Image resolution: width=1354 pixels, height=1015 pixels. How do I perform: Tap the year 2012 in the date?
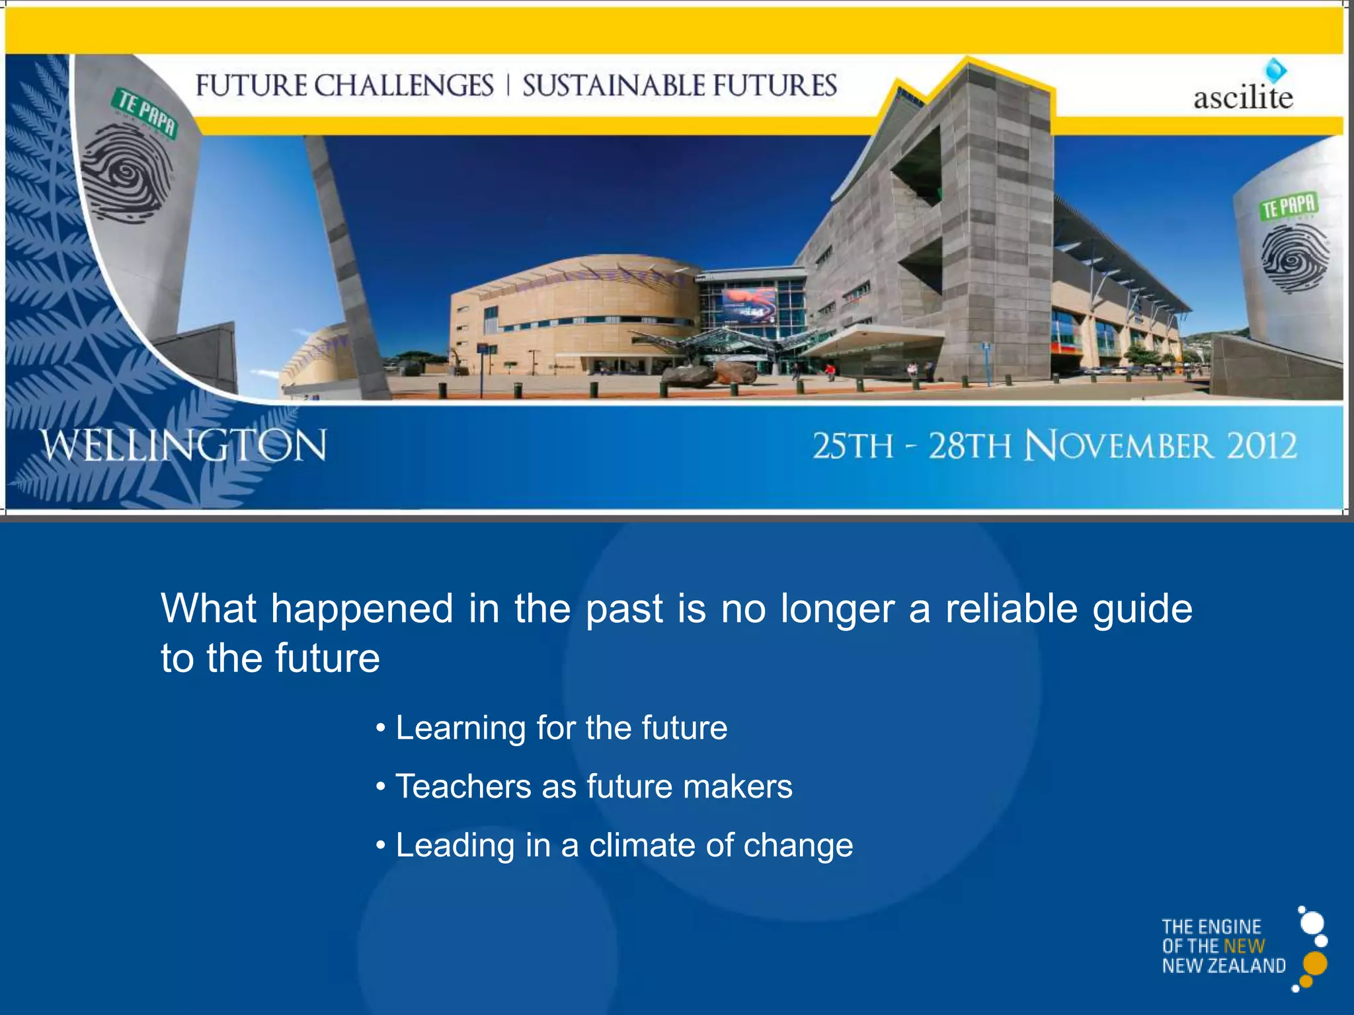(x=1261, y=446)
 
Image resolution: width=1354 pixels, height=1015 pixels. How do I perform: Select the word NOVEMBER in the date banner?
(x=1119, y=446)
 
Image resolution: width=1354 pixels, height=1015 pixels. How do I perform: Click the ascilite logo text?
(x=1243, y=98)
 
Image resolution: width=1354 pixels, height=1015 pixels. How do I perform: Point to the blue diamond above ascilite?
(x=1275, y=70)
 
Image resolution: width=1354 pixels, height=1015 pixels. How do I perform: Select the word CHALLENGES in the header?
(x=403, y=86)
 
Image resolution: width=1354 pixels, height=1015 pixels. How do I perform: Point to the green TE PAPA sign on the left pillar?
(x=146, y=112)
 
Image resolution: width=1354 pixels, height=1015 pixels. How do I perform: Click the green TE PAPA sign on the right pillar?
(x=1289, y=207)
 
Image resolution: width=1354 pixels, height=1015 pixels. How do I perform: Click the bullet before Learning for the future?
(x=380, y=728)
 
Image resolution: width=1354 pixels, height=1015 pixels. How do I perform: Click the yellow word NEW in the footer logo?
(x=1244, y=946)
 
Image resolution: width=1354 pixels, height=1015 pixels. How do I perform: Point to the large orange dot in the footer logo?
(x=1316, y=963)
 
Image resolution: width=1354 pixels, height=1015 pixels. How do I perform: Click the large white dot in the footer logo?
(x=1312, y=923)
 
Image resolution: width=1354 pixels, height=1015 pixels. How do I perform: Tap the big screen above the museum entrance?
(x=748, y=305)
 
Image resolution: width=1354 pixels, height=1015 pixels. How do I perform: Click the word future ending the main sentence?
(x=327, y=658)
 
